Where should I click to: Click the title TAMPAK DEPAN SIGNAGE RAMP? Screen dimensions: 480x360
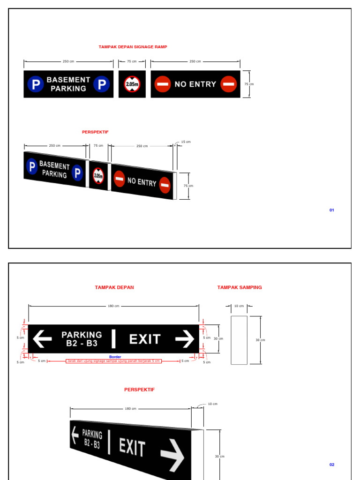[133, 47]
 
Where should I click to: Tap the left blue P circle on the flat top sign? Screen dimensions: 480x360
[35, 84]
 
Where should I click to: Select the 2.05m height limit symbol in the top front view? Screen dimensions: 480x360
[132, 84]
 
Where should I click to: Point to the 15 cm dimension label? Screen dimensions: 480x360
[186, 142]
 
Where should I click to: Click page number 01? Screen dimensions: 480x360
[331, 210]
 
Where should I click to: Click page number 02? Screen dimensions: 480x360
[331, 465]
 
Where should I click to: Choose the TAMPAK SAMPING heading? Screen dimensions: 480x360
[240, 287]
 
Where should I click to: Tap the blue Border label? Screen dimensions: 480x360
[115, 357]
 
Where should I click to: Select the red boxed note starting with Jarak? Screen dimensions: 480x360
[114, 361]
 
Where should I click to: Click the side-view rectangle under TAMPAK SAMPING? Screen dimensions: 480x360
[239, 340]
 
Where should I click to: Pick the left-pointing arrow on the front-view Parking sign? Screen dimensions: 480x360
[42, 338]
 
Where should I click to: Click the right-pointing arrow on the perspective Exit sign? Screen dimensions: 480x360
[172, 454]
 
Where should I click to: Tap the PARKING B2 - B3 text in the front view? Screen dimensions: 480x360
[82, 338]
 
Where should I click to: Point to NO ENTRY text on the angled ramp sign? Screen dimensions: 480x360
[142, 181]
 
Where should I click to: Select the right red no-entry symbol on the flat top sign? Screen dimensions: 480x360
[229, 84]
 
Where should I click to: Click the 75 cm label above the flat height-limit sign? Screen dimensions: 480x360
[132, 61]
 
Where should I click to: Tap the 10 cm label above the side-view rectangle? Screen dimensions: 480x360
[239, 306]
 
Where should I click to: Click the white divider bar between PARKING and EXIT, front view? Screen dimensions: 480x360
[113, 338]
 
